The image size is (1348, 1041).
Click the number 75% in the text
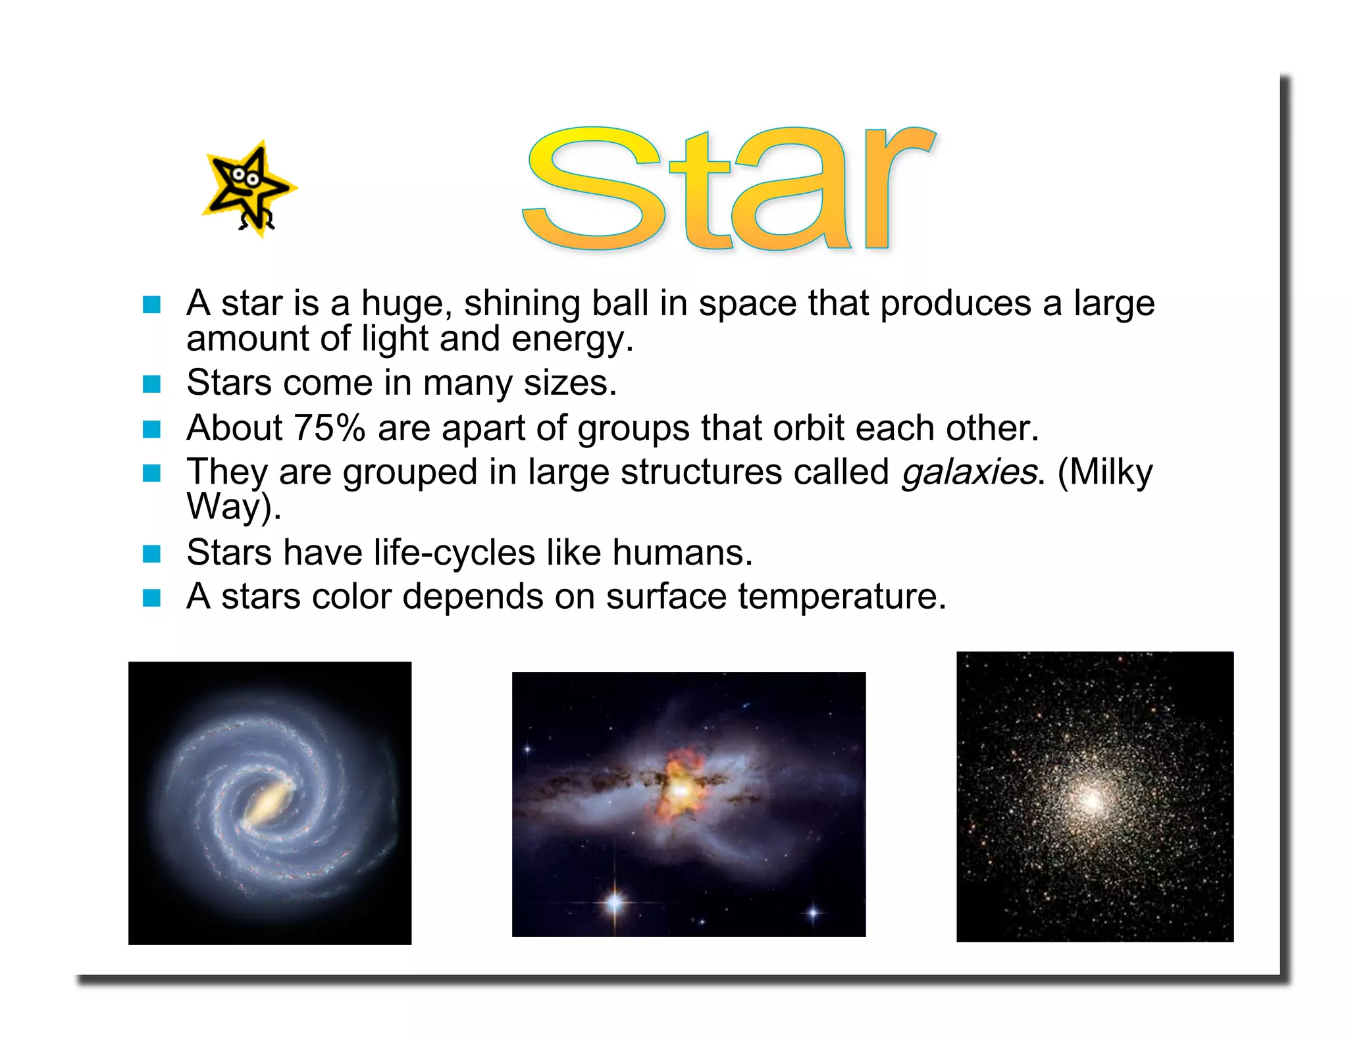pyautogui.click(x=329, y=428)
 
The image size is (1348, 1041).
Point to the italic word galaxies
pyautogui.click(x=969, y=472)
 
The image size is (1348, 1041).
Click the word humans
pyautogui.click(x=682, y=552)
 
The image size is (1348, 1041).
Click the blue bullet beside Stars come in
pyautogui.click(x=152, y=384)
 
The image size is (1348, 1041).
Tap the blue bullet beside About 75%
pyautogui.click(x=152, y=430)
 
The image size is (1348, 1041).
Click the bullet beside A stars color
pyautogui.click(x=152, y=597)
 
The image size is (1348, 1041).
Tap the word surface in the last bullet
pyautogui.click(x=665, y=596)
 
